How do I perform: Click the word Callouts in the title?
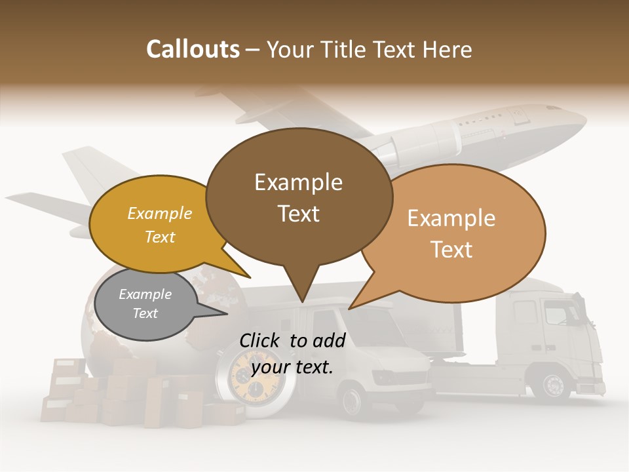[193, 49]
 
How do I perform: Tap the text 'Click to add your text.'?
[292, 353]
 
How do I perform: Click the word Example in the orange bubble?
[451, 218]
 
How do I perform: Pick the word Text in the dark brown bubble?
[299, 214]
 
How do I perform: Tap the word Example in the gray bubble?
[145, 294]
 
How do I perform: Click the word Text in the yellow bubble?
[160, 237]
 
